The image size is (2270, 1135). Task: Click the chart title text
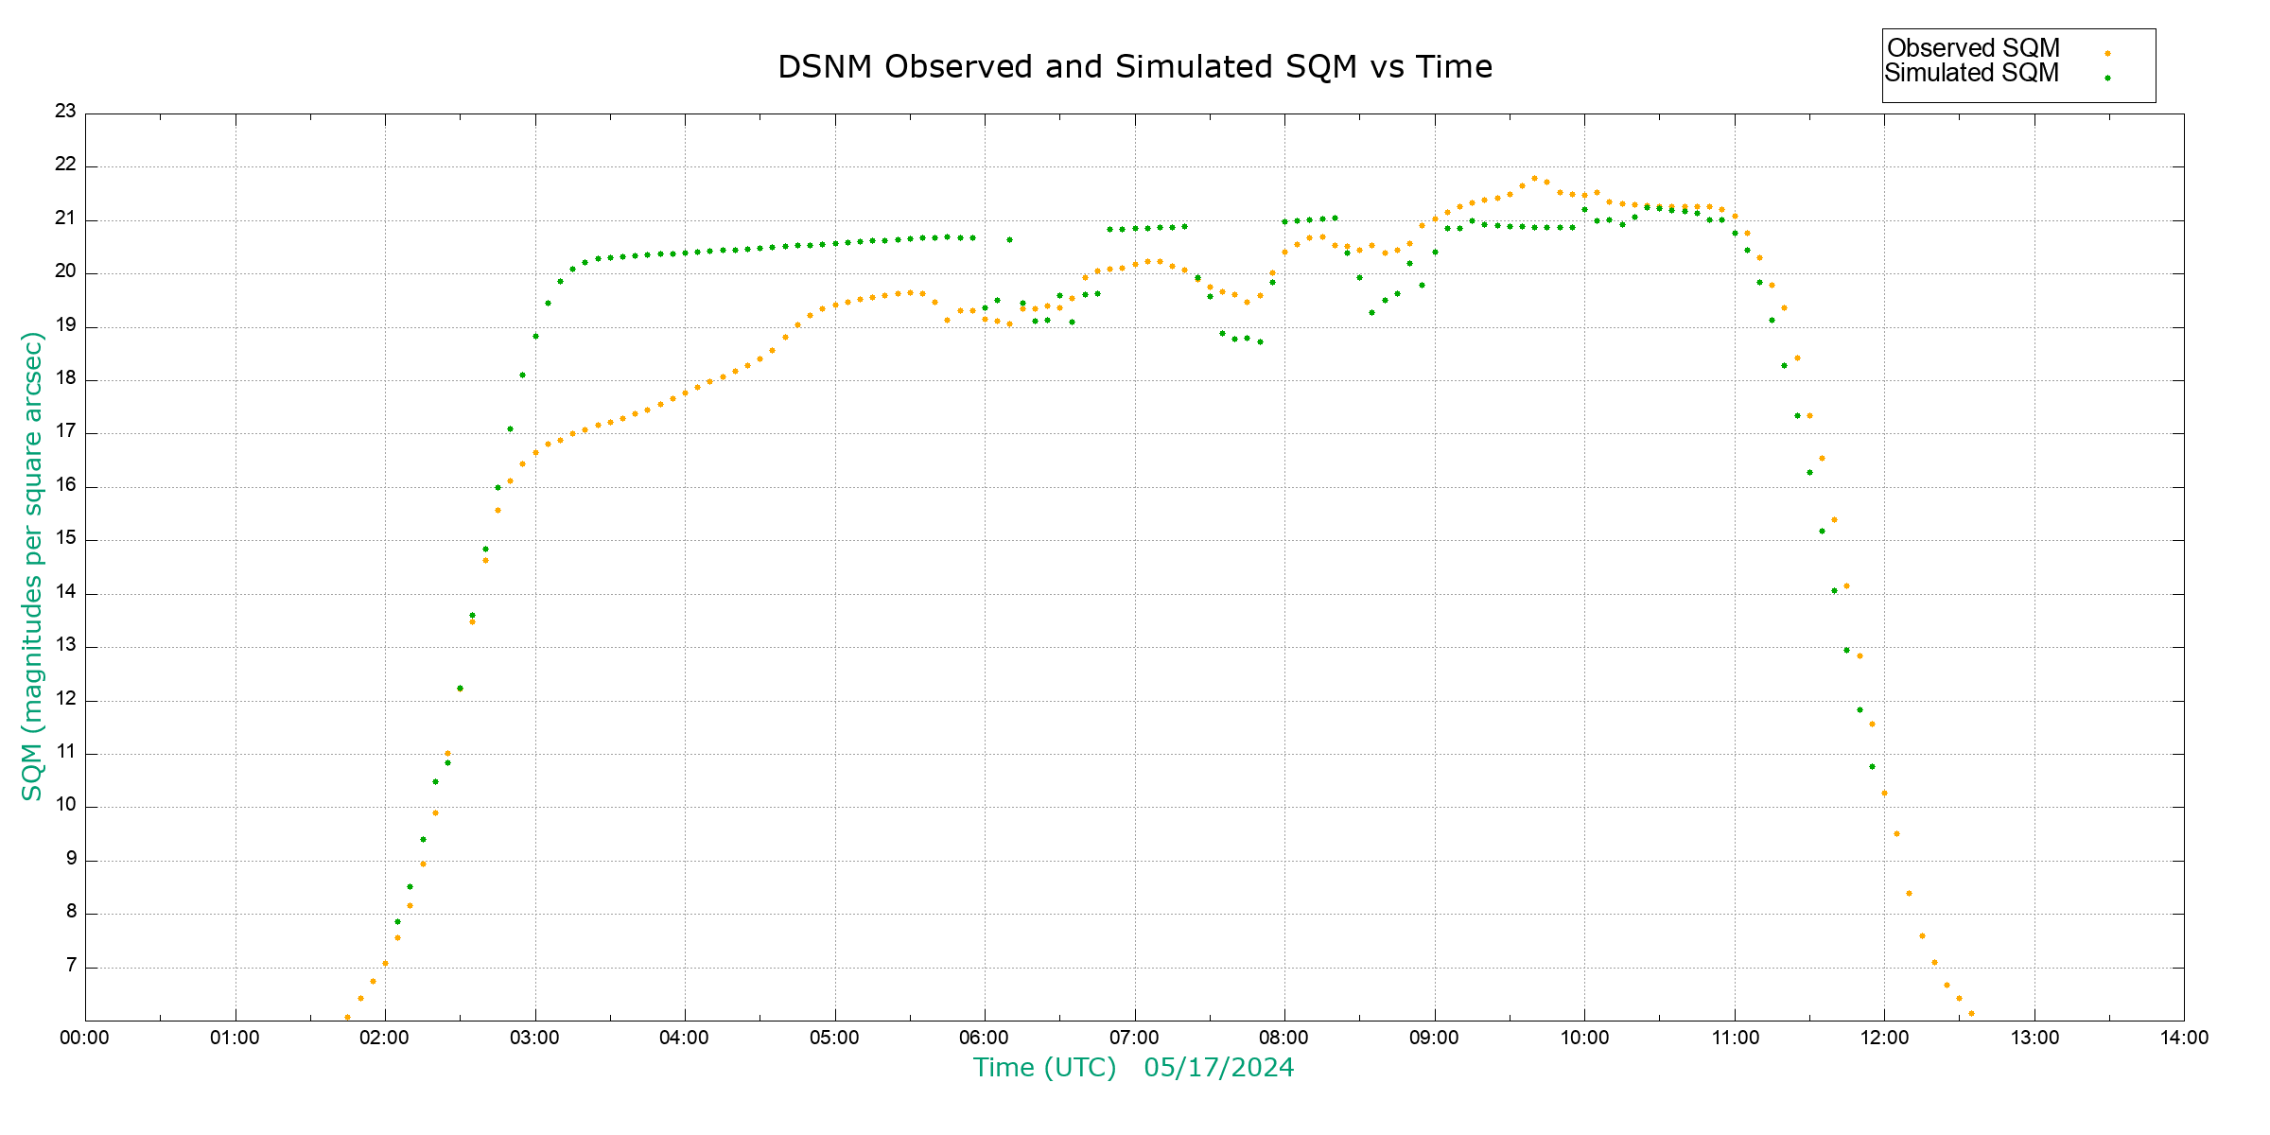[x=1134, y=67]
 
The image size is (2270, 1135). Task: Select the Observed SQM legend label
[x=1973, y=48]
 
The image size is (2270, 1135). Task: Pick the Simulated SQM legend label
[x=1971, y=73]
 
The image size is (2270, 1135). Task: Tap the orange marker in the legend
[x=2107, y=54]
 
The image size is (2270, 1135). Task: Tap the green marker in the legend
[x=2107, y=79]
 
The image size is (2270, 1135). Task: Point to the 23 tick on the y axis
[x=65, y=112]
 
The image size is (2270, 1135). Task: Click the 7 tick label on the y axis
[x=71, y=967]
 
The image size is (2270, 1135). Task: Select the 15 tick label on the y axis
[x=65, y=539]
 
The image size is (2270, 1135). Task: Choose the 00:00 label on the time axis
[x=84, y=1038]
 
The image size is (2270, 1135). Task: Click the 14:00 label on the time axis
[x=2183, y=1038]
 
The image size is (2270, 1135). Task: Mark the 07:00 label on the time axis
[x=1134, y=1038]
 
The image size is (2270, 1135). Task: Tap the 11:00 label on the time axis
[x=1735, y=1038]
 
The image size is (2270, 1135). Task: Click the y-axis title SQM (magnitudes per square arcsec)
[x=32, y=566]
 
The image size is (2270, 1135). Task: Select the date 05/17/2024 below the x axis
[x=1218, y=1068]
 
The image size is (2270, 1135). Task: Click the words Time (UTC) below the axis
[x=1044, y=1068]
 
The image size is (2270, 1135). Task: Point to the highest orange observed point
[x=1534, y=178]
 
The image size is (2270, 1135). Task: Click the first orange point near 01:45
[x=347, y=1018]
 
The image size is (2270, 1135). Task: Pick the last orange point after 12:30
[x=1971, y=1014]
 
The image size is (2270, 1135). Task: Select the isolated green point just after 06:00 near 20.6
[x=1009, y=240]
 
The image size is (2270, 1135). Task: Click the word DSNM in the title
[x=824, y=67]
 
